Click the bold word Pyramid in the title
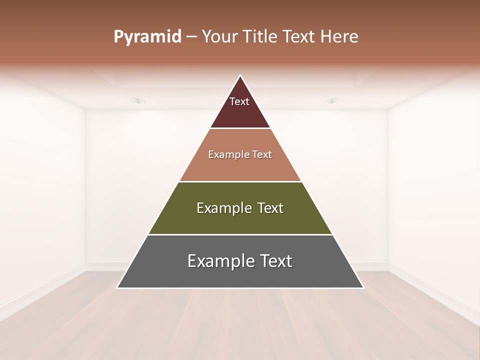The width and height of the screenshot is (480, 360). tap(147, 37)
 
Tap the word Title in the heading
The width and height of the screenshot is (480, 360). tap(260, 37)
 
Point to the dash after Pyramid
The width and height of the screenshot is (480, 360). tap(191, 37)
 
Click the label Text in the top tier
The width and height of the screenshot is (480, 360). tap(239, 101)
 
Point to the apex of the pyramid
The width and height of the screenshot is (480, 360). tap(240, 76)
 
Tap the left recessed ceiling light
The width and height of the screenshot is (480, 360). tap(138, 101)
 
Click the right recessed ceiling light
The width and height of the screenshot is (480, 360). tap(332, 101)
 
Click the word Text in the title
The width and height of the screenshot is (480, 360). tap(299, 37)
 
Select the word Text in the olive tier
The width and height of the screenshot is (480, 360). tap(270, 208)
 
